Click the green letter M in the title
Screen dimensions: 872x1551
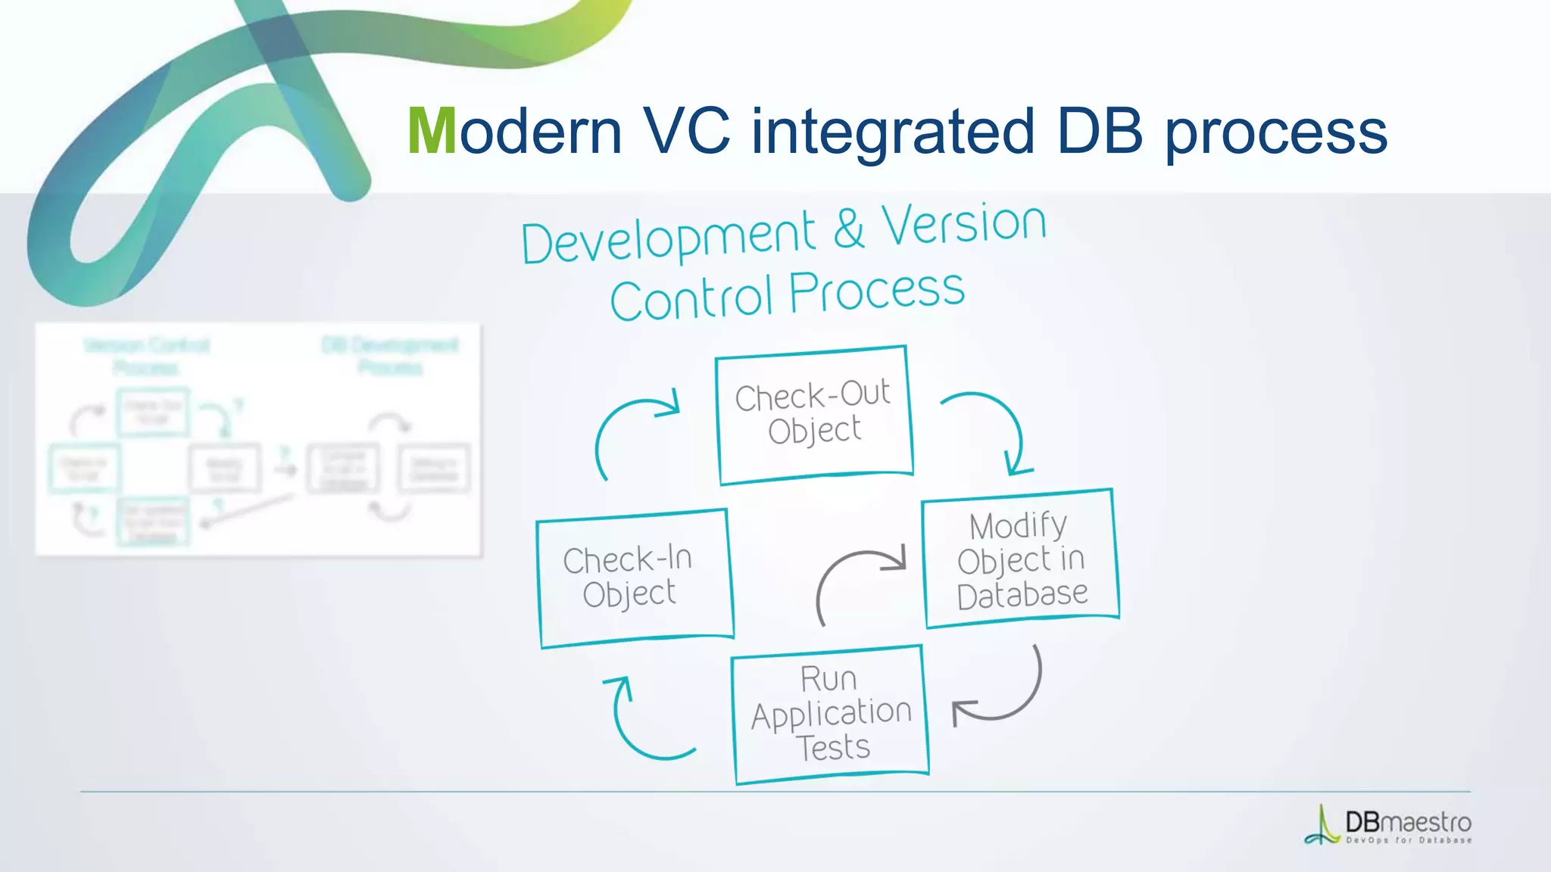tap(432, 132)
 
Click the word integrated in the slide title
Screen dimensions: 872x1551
tap(892, 132)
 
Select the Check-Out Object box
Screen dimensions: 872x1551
tap(814, 414)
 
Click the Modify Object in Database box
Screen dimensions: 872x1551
tap(1020, 559)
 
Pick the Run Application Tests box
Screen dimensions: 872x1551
tap(830, 714)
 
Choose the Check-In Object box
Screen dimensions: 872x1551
tap(633, 578)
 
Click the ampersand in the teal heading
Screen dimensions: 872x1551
tap(849, 229)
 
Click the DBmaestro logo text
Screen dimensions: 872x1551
tap(1407, 822)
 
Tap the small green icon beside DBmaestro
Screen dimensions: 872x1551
tap(1322, 826)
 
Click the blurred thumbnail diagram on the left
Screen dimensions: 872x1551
tap(258, 440)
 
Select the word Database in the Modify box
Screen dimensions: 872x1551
tap(1022, 595)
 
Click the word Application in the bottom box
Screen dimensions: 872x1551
tap(831, 714)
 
